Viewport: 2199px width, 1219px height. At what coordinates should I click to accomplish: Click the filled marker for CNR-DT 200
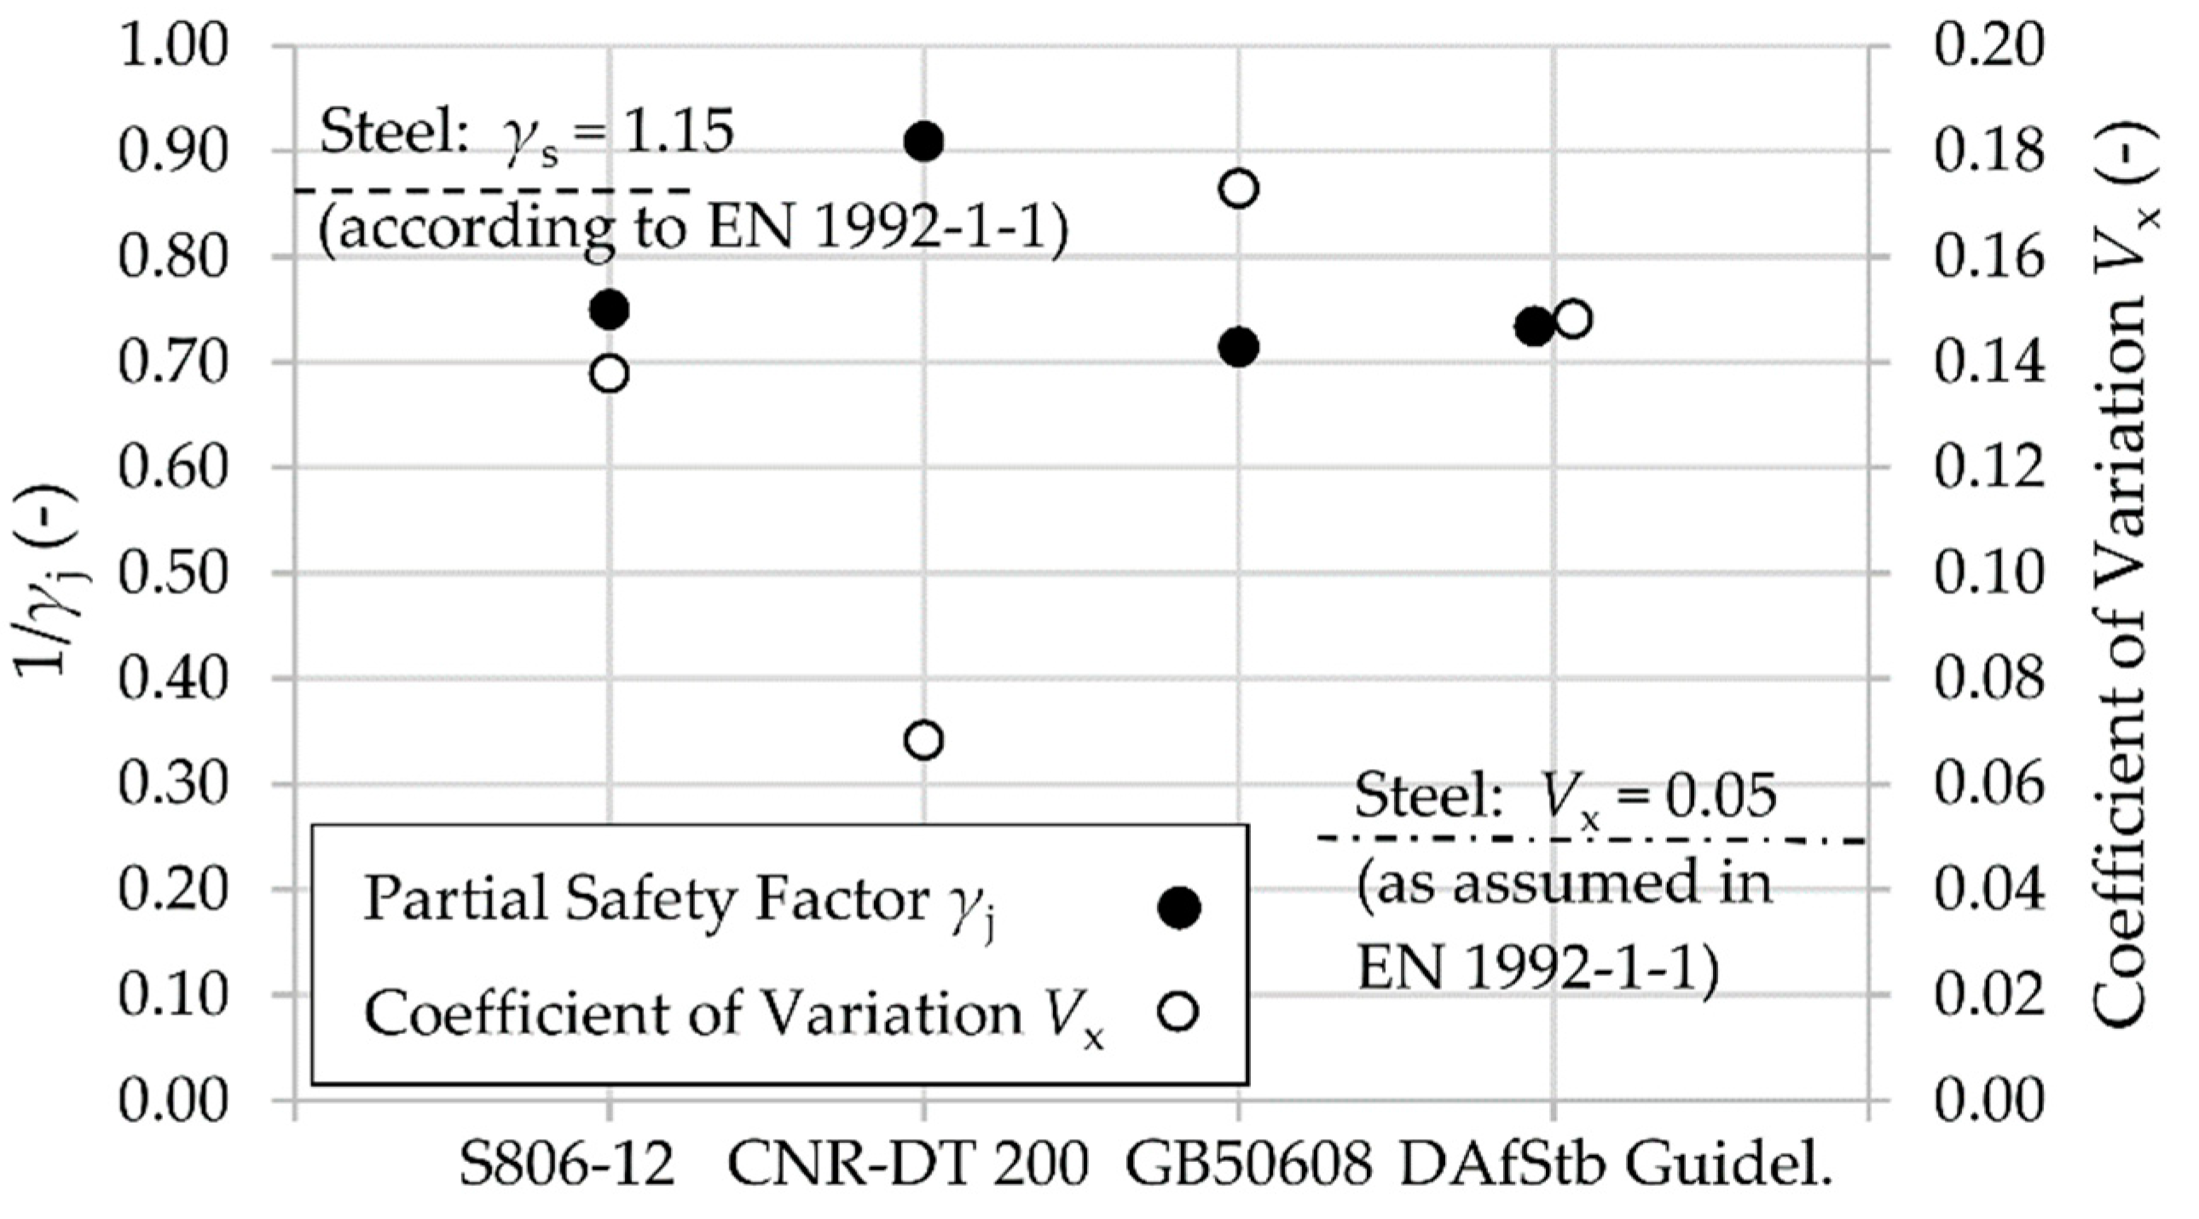point(923,141)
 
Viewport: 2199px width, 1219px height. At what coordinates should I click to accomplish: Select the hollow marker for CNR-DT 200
point(923,739)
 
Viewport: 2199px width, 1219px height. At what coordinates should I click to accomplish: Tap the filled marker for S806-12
point(610,309)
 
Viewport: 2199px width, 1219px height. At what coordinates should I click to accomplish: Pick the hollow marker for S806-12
point(610,373)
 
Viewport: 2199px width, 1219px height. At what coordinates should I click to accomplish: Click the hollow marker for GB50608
point(1239,188)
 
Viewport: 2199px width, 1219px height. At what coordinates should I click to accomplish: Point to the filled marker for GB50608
point(1239,347)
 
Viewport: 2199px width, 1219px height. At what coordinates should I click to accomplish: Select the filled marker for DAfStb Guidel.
point(1534,326)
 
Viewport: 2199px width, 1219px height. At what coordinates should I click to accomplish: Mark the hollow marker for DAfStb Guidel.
point(1572,320)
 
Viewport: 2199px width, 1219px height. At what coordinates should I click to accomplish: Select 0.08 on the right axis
point(1989,679)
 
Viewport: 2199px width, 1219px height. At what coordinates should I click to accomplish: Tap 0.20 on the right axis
point(1989,46)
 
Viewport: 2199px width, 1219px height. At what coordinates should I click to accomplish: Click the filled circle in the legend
point(1179,906)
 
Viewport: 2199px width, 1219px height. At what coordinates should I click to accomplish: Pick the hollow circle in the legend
point(1179,1012)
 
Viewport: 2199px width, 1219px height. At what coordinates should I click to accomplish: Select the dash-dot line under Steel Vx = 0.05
point(1588,840)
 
